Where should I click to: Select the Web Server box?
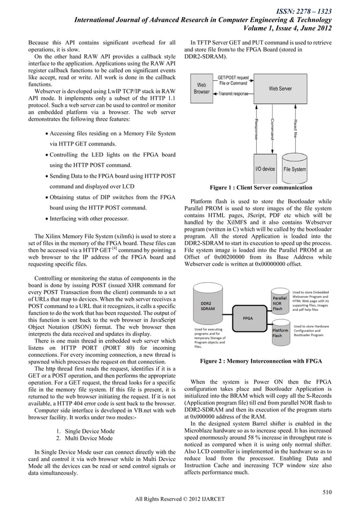[x=280, y=89]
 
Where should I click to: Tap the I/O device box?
[x=265, y=169]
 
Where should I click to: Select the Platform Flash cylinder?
[x=280, y=331]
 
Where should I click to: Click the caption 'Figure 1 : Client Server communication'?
[x=261, y=187]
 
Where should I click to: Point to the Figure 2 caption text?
[x=261, y=361]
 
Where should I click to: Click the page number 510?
[x=326, y=491]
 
